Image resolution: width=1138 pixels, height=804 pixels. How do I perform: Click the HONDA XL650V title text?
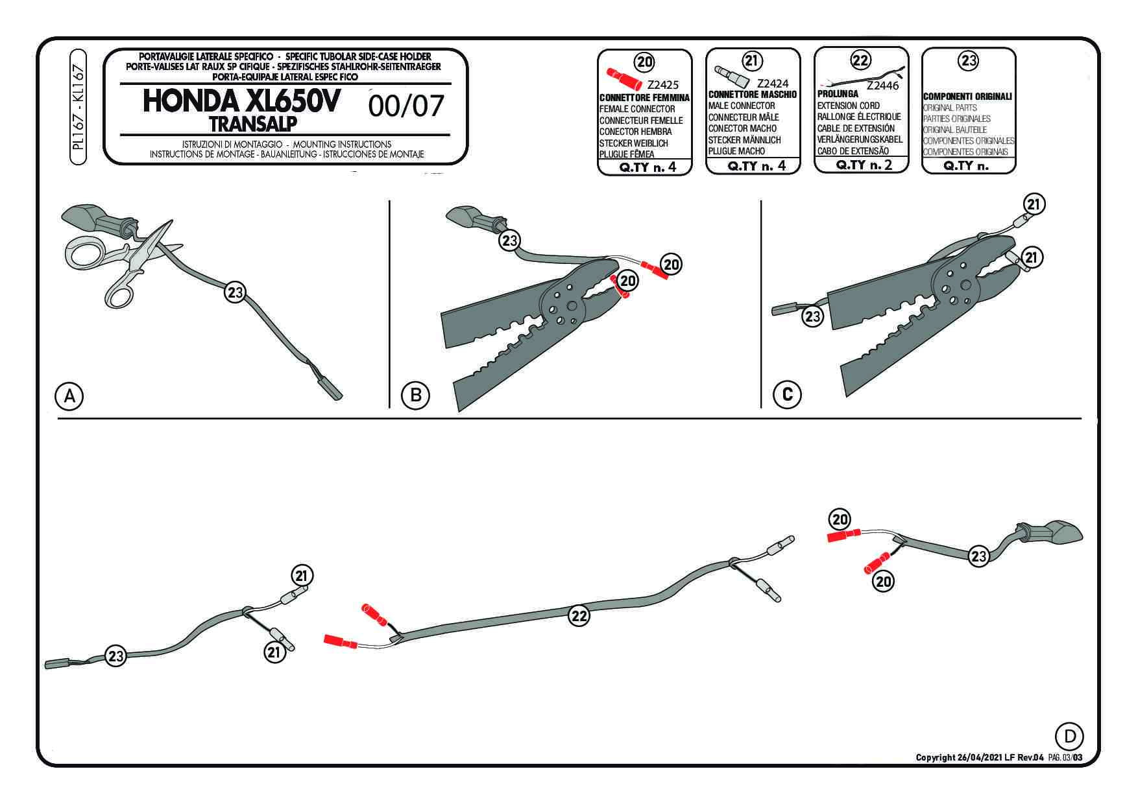(x=240, y=102)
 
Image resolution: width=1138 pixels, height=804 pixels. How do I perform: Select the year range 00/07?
(x=406, y=106)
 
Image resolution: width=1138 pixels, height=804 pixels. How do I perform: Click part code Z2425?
(x=662, y=85)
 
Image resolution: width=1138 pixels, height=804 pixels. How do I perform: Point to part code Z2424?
(x=772, y=83)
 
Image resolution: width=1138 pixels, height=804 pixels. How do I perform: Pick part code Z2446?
(x=882, y=85)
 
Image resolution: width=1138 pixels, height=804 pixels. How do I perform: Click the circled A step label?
(x=69, y=395)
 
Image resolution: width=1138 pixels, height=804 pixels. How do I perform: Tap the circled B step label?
(x=415, y=395)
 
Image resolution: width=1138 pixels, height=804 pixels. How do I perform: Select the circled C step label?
(x=788, y=394)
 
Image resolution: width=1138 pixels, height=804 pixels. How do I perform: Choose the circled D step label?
(x=1070, y=736)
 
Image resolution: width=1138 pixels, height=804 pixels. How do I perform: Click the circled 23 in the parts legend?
(x=968, y=61)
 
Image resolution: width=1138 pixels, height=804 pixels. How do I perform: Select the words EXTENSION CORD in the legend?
(x=848, y=105)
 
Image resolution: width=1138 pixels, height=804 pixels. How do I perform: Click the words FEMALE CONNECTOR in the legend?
(x=636, y=109)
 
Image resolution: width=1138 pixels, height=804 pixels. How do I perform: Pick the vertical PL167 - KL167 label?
(x=79, y=107)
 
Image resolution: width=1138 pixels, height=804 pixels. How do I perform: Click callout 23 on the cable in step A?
(x=234, y=292)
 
